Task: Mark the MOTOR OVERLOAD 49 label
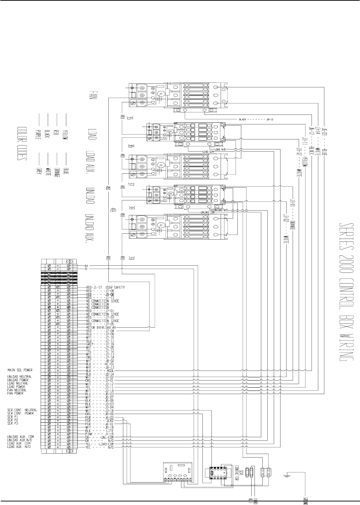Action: (101, 327)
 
